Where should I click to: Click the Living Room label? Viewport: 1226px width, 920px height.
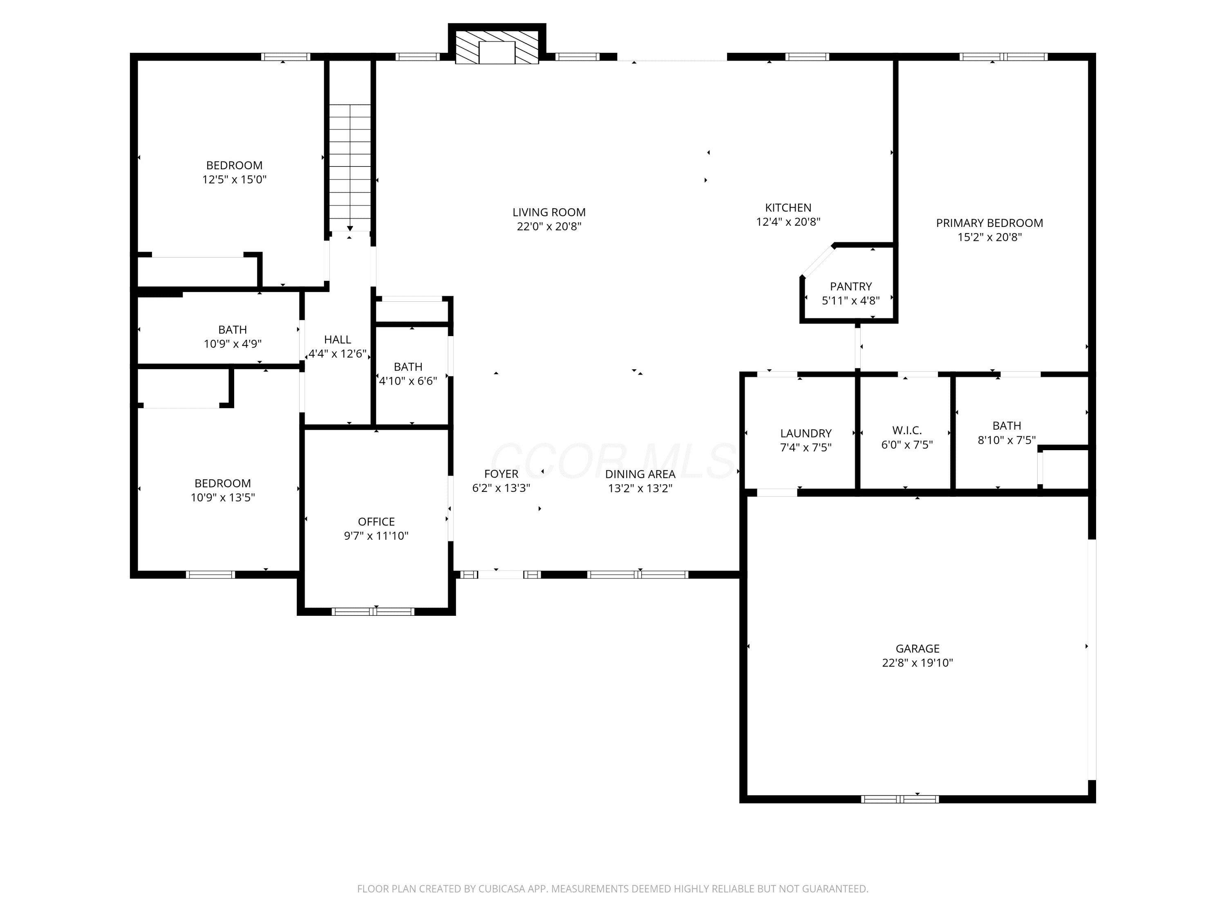click(549, 212)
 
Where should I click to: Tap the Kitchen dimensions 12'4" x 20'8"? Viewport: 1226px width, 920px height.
click(788, 222)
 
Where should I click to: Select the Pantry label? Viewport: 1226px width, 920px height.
click(851, 286)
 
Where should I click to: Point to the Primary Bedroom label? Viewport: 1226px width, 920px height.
click(989, 223)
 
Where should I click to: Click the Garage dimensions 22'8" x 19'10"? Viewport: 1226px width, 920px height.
click(917, 663)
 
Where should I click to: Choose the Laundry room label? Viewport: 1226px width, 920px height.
click(806, 433)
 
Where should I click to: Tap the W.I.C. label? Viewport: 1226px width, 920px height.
click(907, 430)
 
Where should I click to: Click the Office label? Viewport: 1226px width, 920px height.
click(376, 522)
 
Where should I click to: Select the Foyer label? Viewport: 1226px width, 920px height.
click(501, 474)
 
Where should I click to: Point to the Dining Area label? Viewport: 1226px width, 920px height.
click(640, 474)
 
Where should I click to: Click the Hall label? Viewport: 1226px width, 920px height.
click(338, 339)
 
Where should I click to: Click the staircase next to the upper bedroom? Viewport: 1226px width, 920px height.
click(350, 168)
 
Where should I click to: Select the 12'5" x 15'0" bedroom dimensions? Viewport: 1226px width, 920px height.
click(235, 180)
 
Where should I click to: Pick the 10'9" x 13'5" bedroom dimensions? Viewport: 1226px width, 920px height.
click(223, 498)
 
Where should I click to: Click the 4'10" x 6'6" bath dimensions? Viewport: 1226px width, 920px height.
click(408, 381)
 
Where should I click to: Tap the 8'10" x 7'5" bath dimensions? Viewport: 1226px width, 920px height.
click(1007, 440)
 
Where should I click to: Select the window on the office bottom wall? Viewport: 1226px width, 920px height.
click(373, 612)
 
